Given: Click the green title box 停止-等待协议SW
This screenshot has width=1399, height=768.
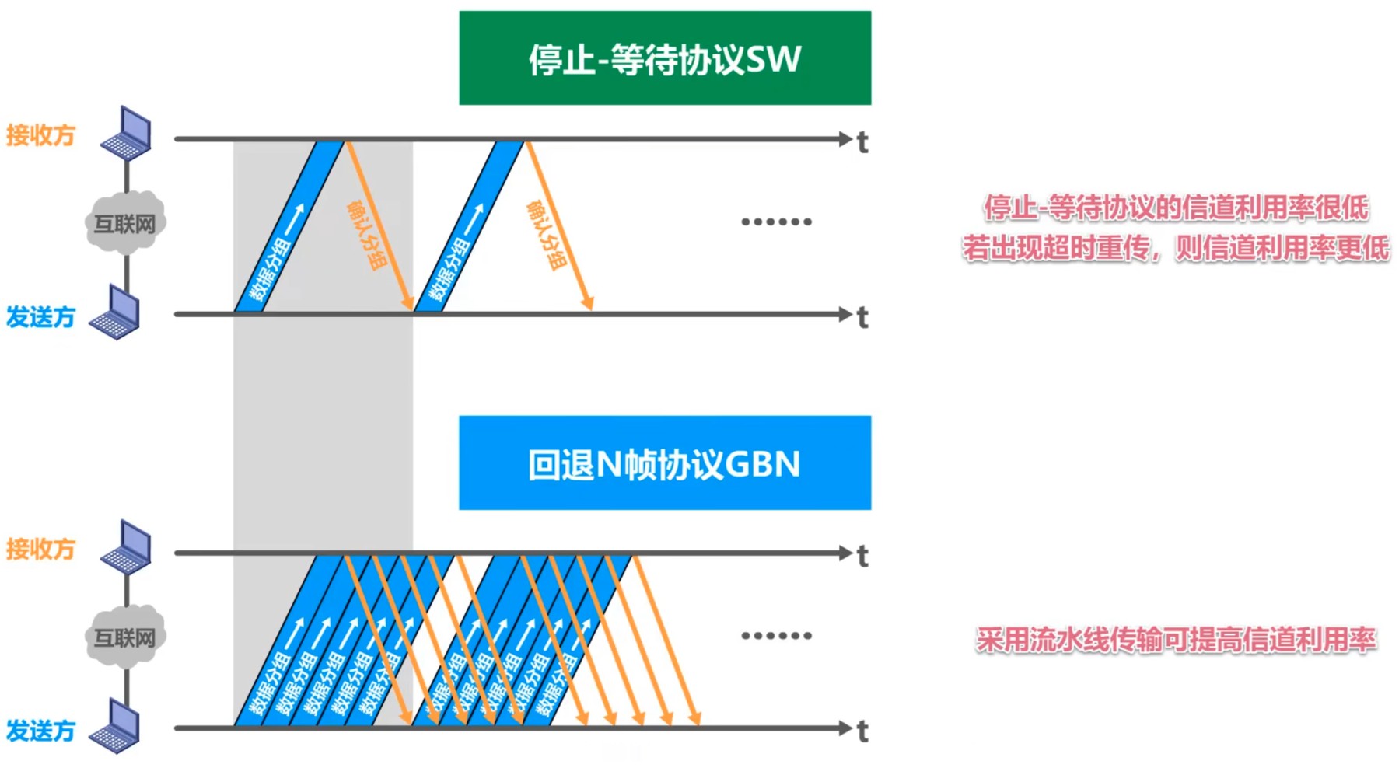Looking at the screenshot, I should [x=665, y=58].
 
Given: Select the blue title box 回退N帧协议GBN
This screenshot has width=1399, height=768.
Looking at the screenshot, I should [x=665, y=463].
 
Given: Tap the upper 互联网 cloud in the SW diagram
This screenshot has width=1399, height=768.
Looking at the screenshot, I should [x=124, y=224].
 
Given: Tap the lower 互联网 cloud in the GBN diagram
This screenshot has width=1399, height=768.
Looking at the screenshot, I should [x=124, y=637].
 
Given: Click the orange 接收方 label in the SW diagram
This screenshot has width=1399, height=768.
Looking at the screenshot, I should [x=40, y=135].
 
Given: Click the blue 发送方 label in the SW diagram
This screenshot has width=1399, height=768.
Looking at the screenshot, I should [x=40, y=317].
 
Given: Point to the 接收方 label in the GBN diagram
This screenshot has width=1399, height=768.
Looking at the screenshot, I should [x=40, y=549].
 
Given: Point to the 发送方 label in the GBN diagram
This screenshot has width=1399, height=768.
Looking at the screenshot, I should [x=40, y=731].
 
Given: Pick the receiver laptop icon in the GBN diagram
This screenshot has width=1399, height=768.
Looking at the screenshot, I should [x=128, y=546].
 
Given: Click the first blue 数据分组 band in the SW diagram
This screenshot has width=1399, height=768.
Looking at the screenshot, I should [x=289, y=227].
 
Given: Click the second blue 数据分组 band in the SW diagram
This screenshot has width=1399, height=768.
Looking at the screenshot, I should [x=469, y=227].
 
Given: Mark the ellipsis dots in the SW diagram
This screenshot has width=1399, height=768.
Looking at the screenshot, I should [x=776, y=222].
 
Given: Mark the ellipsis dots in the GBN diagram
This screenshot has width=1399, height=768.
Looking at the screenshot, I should [x=776, y=635].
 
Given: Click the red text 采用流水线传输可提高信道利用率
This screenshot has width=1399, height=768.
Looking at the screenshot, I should [x=1176, y=640].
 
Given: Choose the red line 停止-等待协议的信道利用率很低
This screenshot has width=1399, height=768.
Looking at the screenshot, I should [x=1176, y=208].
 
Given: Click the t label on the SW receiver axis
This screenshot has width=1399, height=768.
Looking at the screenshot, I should [x=862, y=142].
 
